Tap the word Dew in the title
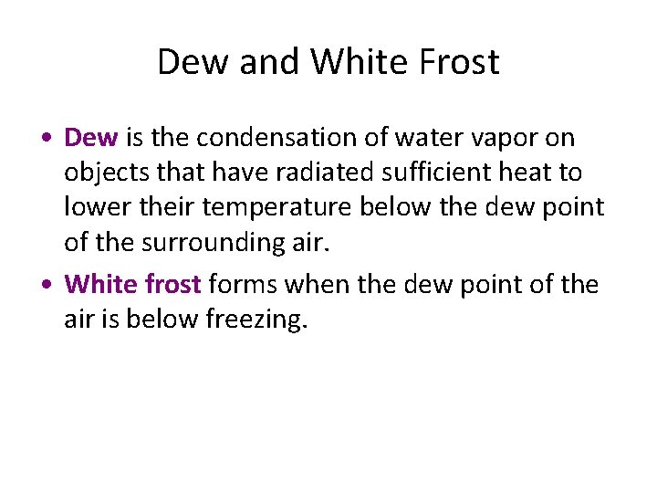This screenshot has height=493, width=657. [195, 62]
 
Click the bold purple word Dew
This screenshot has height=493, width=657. [91, 138]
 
